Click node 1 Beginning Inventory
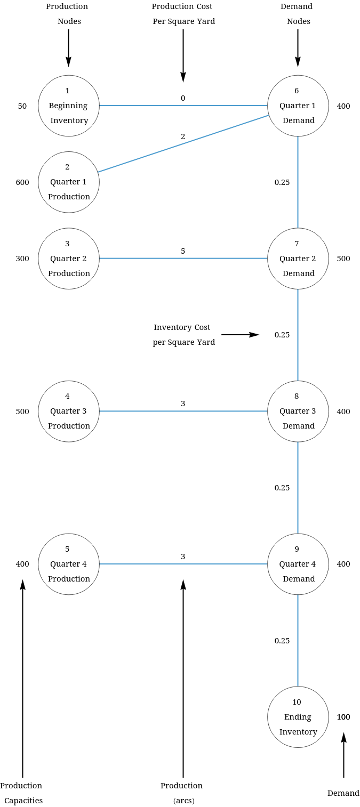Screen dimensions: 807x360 (x=69, y=106)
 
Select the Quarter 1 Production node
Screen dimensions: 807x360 (x=69, y=182)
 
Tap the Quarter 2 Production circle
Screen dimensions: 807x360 (x=69, y=259)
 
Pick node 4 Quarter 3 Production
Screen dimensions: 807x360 (x=69, y=411)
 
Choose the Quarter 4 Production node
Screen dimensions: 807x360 (x=69, y=564)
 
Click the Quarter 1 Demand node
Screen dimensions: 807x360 (x=298, y=106)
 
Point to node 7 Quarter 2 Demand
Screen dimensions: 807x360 (x=298, y=259)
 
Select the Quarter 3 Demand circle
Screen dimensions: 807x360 (x=298, y=411)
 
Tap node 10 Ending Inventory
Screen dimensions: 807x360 (x=298, y=717)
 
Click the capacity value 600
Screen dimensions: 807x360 (x=22, y=182)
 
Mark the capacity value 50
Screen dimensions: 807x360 (x=22, y=106)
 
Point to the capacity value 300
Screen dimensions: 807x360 (x=22, y=259)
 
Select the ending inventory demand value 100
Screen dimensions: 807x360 (x=343, y=717)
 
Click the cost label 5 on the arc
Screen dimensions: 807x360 (x=183, y=251)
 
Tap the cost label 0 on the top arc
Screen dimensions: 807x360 (x=183, y=98)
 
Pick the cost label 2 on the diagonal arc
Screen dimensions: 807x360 (x=183, y=136)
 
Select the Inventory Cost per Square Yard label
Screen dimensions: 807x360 (x=183, y=335)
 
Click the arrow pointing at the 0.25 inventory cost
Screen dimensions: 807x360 (x=240, y=335)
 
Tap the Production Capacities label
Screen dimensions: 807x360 (x=22, y=793)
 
